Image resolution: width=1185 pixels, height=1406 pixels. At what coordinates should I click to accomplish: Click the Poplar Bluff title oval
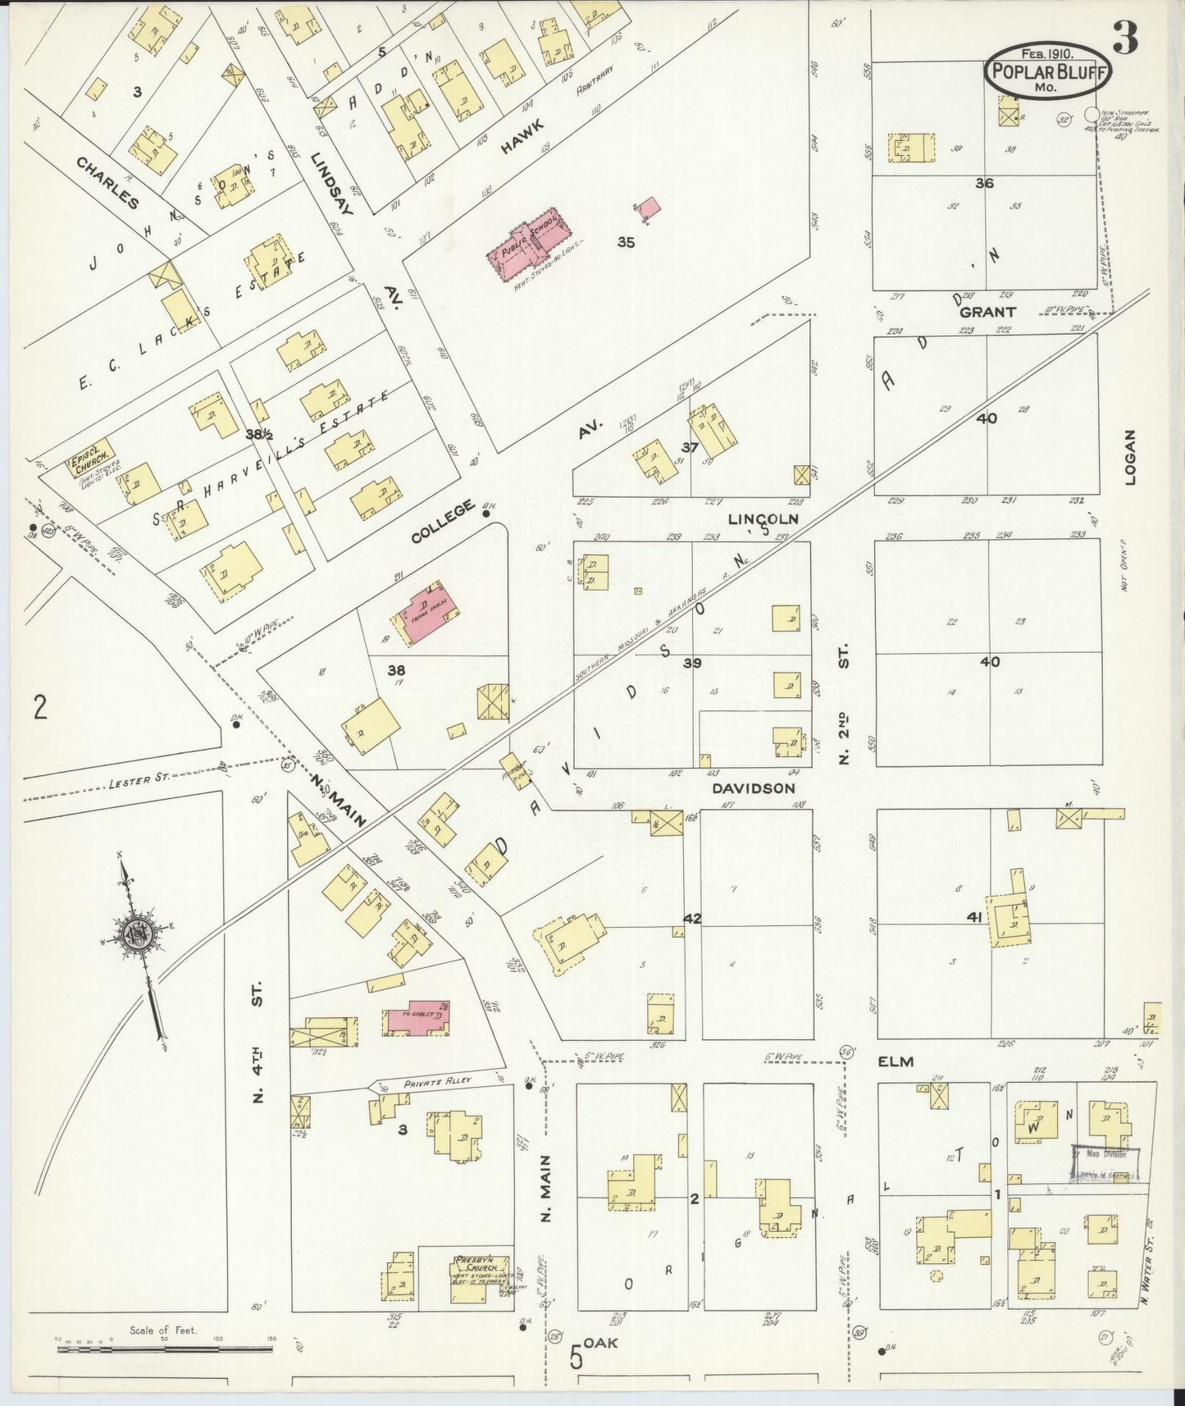pyautogui.click(x=1047, y=71)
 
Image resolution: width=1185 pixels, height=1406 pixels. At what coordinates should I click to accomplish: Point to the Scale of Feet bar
pyautogui.click(x=164, y=1346)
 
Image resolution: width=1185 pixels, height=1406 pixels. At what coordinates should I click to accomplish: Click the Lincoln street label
pyautogui.click(x=763, y=518)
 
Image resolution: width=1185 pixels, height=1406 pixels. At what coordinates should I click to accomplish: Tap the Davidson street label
pyautogui.click(x=753, y=787)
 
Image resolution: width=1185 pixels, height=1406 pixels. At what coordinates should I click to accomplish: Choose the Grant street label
pyautogui.click(x=987, y=312)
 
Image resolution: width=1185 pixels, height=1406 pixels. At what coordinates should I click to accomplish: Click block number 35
pyautogui.click(x=627, y=242)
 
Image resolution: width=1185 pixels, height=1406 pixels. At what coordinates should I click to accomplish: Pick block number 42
pyautogui.click(x=692, y=918)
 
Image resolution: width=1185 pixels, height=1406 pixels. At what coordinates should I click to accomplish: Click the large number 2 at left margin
pyautogui.click(x=39, y=706)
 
